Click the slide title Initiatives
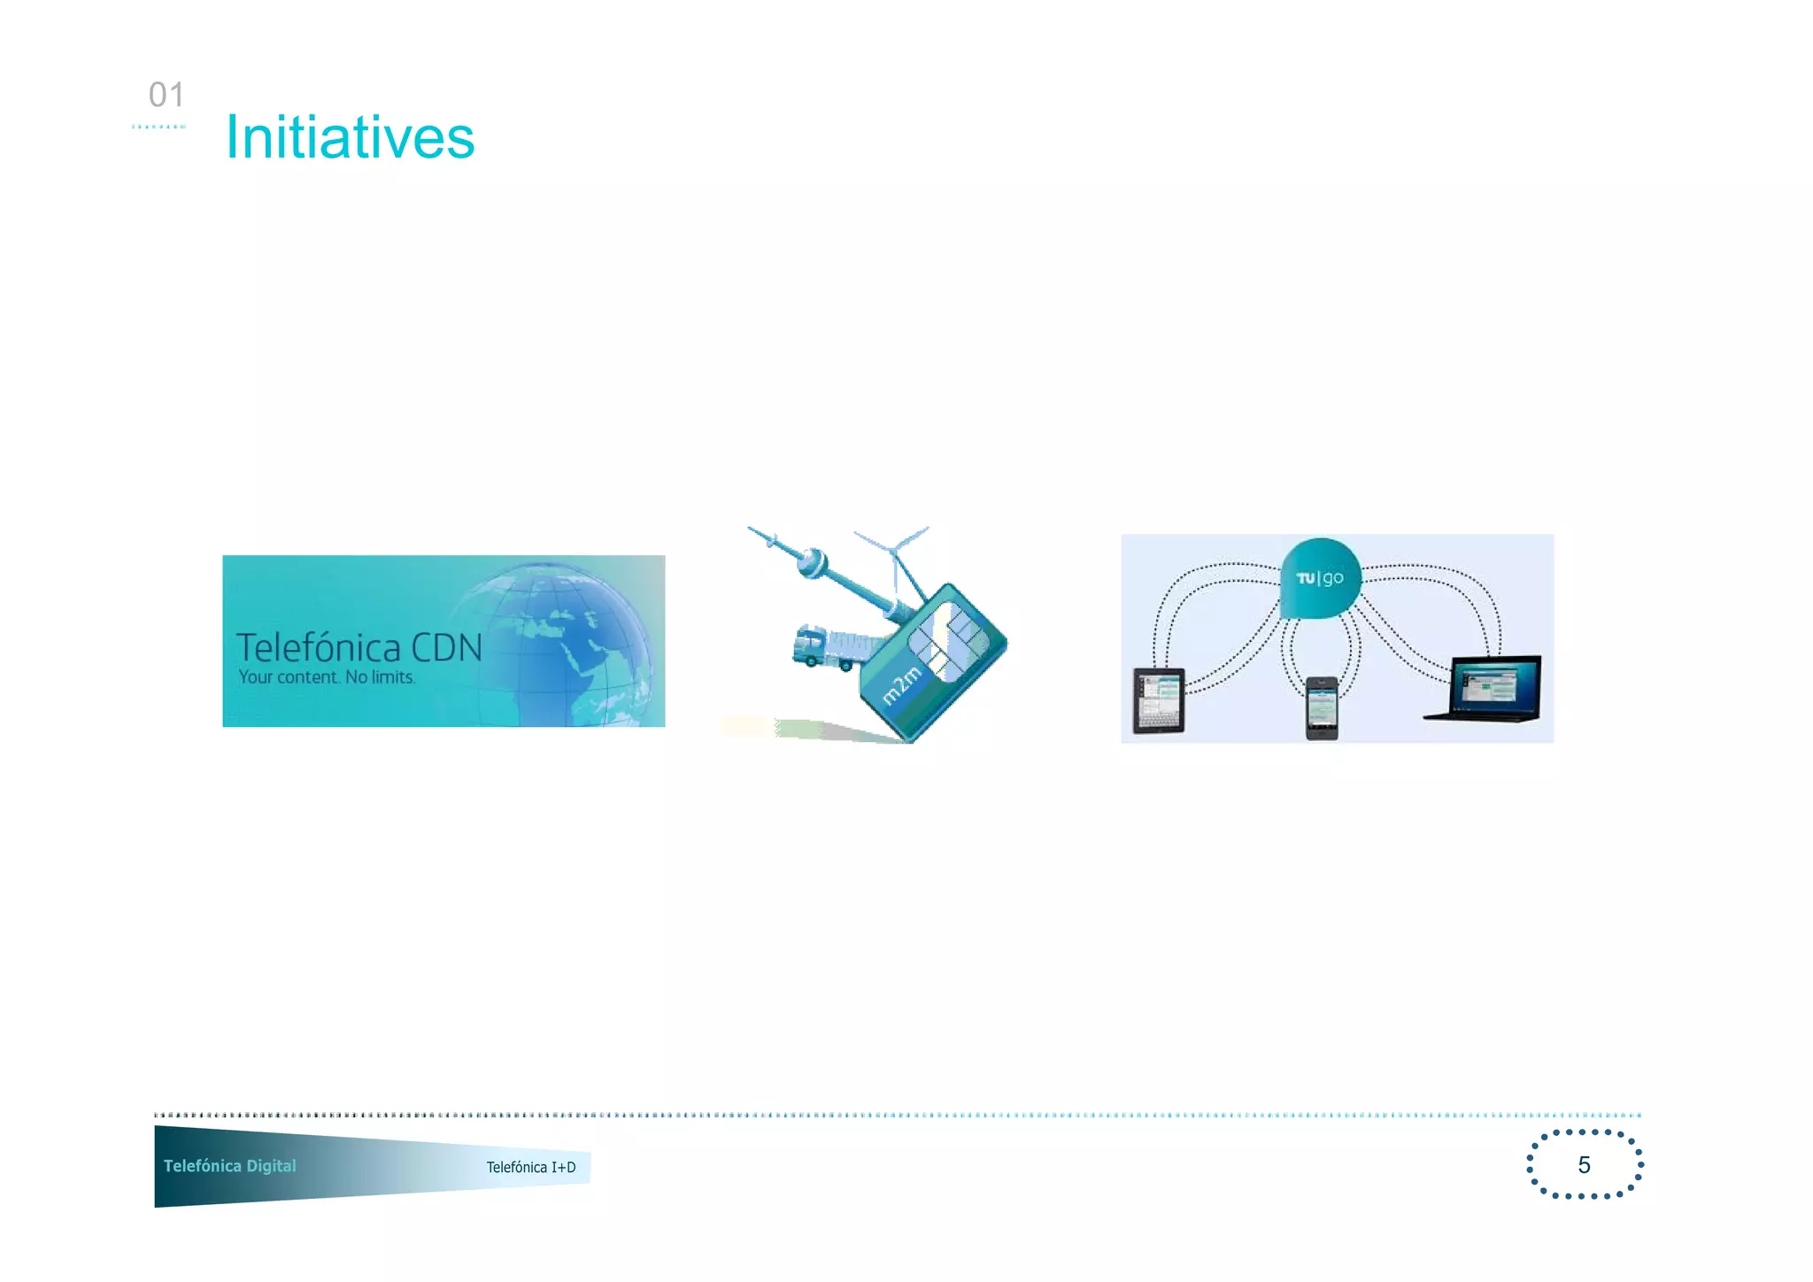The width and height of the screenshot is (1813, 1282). [x=350, y=138]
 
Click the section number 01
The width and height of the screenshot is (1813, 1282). [x=166, y=95]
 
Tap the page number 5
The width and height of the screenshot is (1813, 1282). [x=1584, y=1165]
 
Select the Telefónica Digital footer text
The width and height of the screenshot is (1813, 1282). [x=230, y=1166]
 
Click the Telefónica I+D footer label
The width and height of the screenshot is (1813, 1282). [x=531, y=1167]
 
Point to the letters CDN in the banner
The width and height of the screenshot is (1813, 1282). [x=447, y=648]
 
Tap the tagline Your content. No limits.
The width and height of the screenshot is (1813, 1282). [x=327, y=677]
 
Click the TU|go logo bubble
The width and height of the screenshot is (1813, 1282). [x=1320, y=578]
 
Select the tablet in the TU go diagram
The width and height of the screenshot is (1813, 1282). [x=1159, y=700]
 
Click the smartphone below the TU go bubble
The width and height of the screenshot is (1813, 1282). [x=1322, y=707]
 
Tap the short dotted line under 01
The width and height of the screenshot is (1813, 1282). [x=158, y=127]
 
